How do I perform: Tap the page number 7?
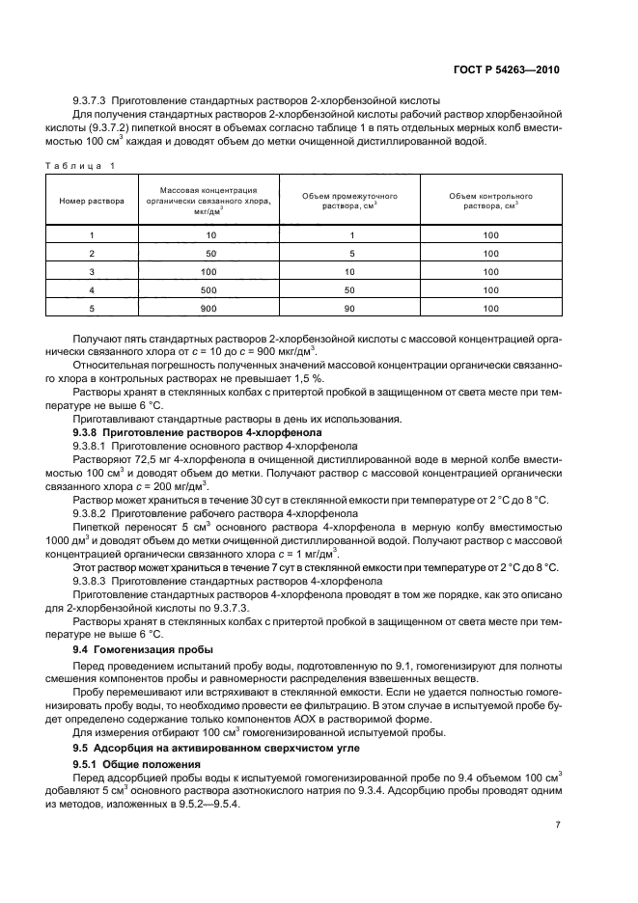[559, 825]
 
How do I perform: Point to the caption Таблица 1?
[80, 165]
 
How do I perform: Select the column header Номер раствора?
[92, 202]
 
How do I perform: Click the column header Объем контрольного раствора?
[490, 202]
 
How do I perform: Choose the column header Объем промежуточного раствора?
[349, 202]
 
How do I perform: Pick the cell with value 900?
[210, 308]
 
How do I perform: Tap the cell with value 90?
[349, 308]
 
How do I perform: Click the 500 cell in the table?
[210, 289]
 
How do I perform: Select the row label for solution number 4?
[92, 289]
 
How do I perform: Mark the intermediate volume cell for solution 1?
[349, 235]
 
